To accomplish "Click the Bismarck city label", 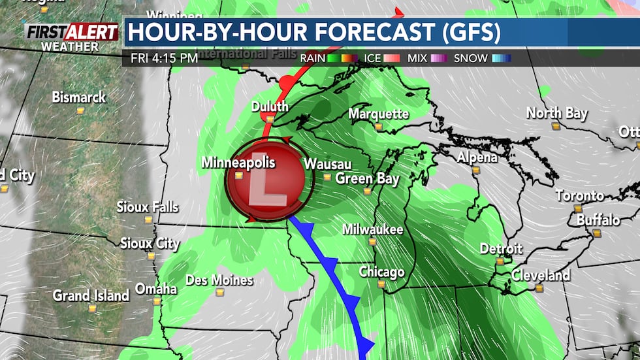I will click(79, 97).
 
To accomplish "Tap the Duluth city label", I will click(269, 106).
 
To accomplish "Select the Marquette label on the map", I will click(379, 114).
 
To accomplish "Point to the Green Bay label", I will click(367, 178).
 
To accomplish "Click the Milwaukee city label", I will click(373, 229).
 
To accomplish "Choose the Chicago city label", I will click(381, 272).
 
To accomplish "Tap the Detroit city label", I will click(501, 248).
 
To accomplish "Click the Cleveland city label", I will click(540, 275).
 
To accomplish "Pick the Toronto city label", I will click(580, 195).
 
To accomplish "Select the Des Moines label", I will click(219, 280).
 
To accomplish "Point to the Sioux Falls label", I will click(148, 207).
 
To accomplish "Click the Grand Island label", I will click(91, 295).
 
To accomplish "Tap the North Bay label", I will click(557, 113).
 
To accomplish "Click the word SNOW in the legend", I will click(470, 58).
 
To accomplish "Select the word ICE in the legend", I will click(374, 58).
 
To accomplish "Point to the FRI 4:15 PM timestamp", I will click(164, 58).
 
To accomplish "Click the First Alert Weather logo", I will click(72, 37).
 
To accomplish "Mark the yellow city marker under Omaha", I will click(157, 302).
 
